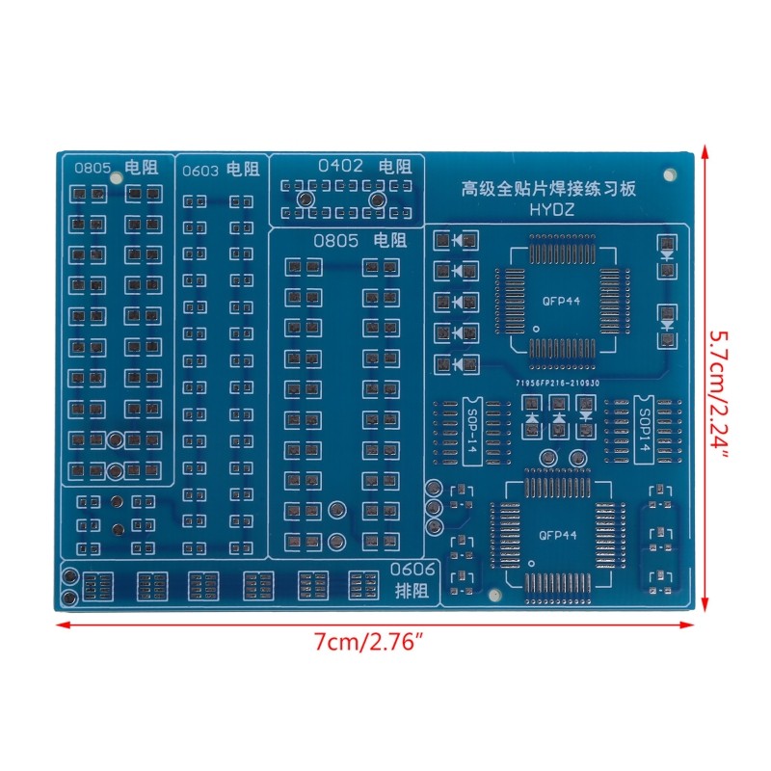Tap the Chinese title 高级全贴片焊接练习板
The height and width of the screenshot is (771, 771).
[x=550, y=189]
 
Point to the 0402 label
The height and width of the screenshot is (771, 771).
[x=340, y=166]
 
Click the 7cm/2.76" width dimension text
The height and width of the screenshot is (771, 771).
[x=376, y=643]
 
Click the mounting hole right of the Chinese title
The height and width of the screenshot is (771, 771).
[x=670, y=174]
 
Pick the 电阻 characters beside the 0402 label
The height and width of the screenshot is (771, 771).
[x=394, y=166]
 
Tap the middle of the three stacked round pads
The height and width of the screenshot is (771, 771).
[x=434, y=507]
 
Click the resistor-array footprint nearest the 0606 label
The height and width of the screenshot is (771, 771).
[x=363, y=585]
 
